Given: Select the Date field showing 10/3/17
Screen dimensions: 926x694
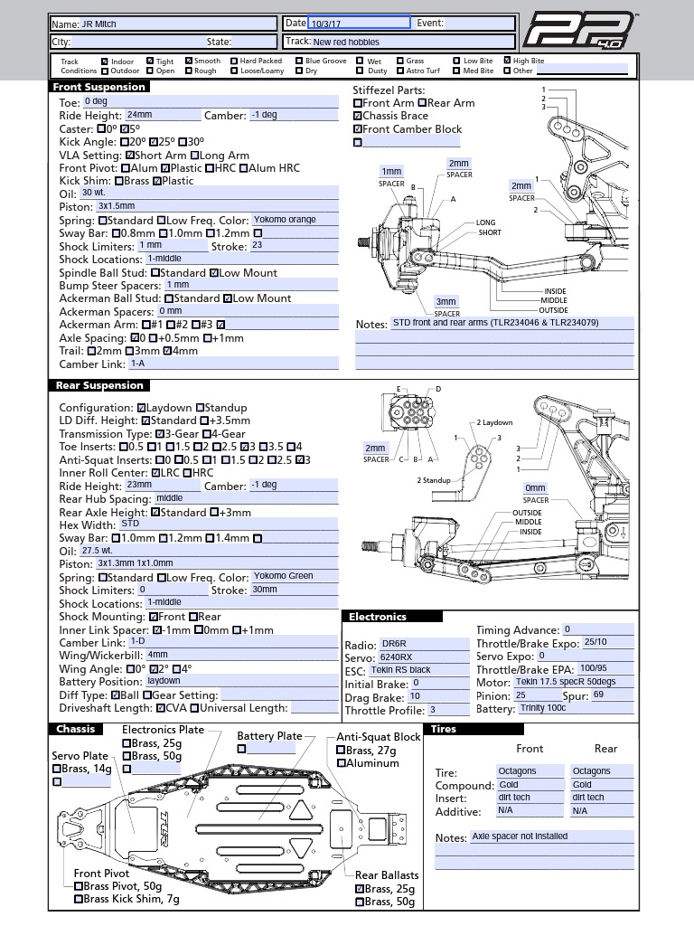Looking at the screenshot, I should coord(359,24).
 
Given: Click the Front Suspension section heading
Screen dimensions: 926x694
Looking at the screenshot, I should coord(99,87).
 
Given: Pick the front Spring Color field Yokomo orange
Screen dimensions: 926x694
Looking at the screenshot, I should coord(295,220).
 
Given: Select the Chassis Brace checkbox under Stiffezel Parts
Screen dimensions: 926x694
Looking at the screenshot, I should coord(358,116).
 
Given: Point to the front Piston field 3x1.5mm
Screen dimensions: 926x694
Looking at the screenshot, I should coord(217,206).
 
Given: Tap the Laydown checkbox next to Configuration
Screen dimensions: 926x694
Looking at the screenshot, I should coord(142,408).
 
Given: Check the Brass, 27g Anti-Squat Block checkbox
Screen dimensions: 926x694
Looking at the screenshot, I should coord(342,750).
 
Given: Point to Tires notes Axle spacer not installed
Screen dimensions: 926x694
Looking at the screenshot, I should coord(551,837).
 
